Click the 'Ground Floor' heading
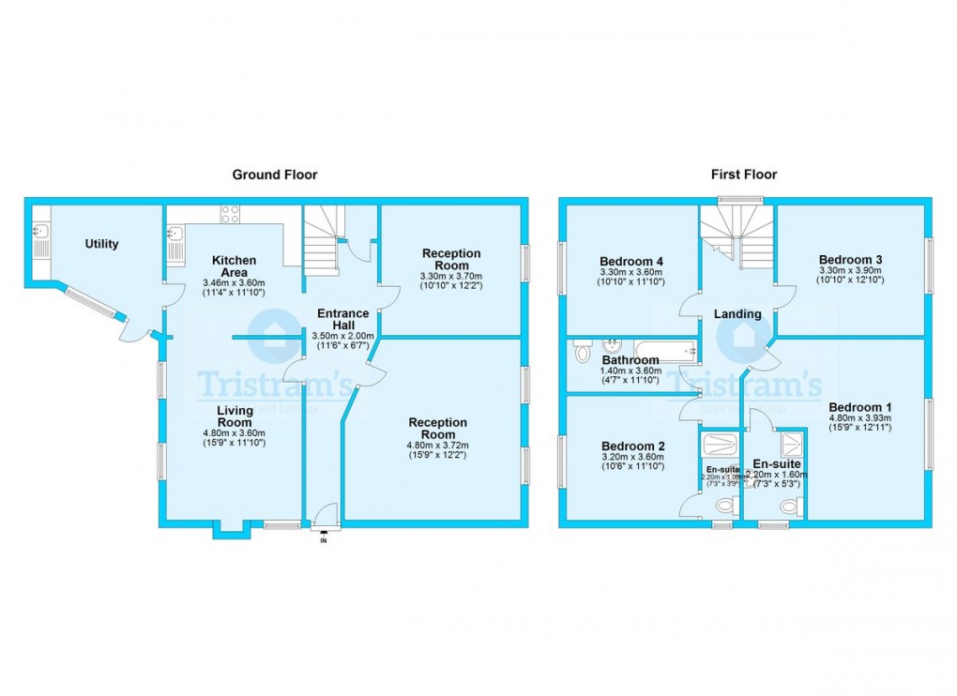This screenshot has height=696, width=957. click(x=275, y=174)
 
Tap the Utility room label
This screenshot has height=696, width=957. click(x=101, y=244)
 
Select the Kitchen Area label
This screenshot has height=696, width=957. click(x=235, y=265)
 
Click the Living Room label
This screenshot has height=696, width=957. click(x=235, y=416)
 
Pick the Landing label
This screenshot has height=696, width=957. click(x=737, y=314)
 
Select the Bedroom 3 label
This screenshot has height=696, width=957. click(x=850, y=260)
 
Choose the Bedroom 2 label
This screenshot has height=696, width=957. click(x=633, y=446)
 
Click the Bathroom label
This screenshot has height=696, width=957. click(x=630, y=360)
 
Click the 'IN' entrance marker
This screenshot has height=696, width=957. click(x=325, y=540)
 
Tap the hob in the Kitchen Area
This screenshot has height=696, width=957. click(x=230, y=214)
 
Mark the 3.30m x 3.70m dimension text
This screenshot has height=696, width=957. click(x=450, y=276)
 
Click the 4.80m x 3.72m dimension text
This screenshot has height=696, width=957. click(x=437, y=446)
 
